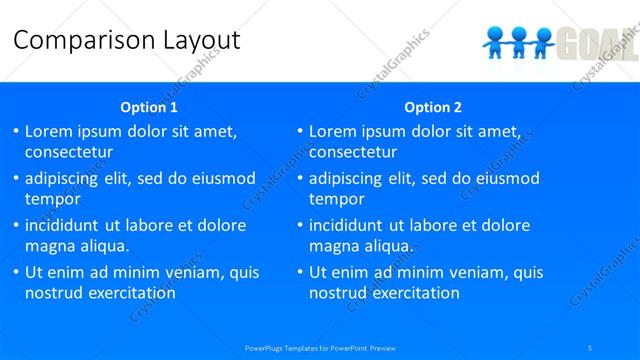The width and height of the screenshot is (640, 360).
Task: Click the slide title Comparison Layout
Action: point(127,40)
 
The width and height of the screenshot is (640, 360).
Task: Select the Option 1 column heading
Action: point(149,107)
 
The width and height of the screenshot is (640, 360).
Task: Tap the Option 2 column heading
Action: point(433,107)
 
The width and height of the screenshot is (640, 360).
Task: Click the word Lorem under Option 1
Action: point(50,131)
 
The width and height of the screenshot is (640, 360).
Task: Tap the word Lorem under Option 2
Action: point(334,131)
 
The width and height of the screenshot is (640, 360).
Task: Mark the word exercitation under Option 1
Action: point(128,293)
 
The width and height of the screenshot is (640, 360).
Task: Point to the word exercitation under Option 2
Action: point(412,293)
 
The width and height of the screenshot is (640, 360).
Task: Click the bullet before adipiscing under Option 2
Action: point(299,180)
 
